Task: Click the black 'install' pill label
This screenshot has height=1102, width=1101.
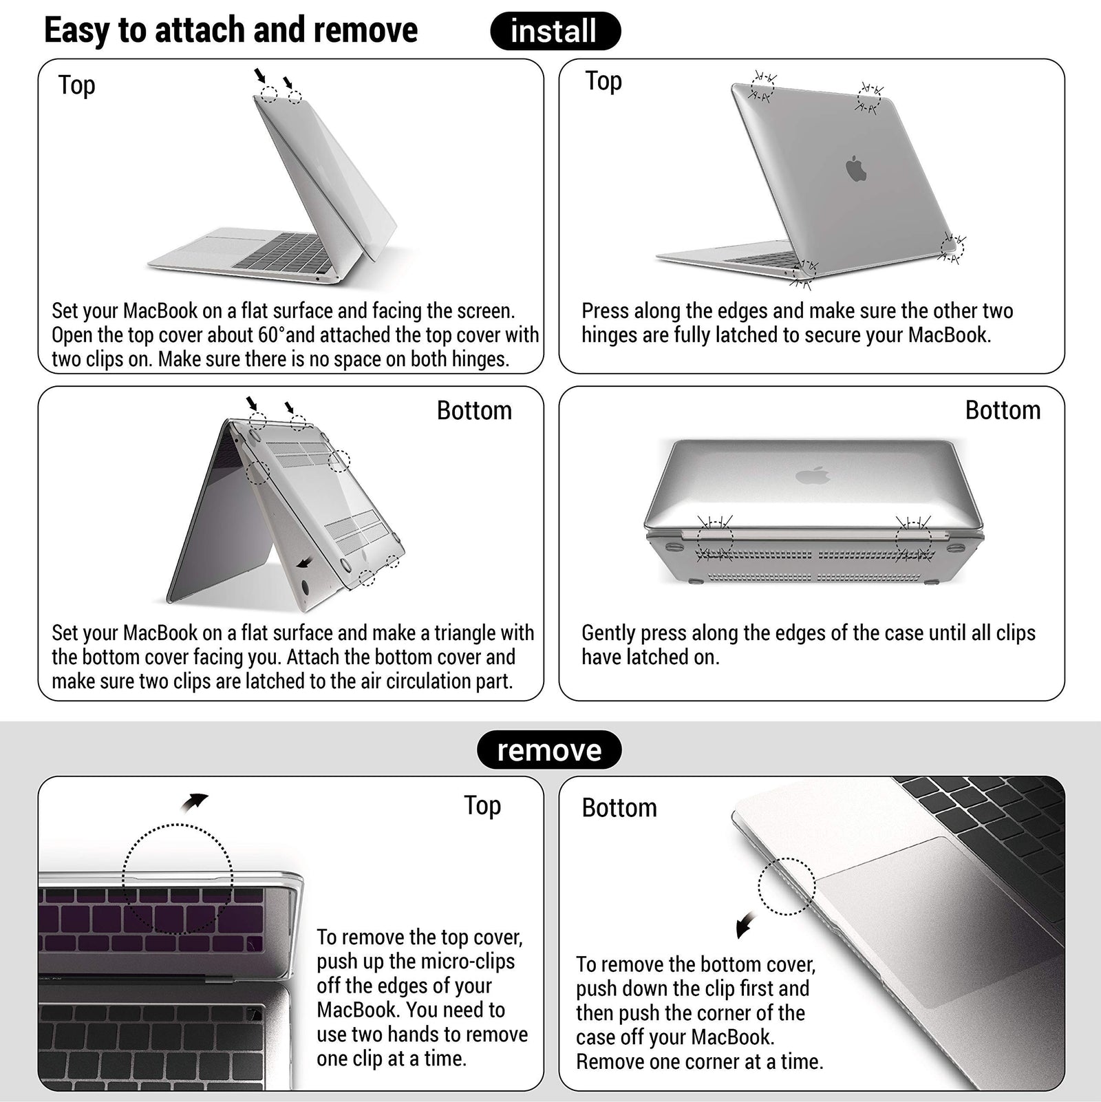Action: [x=555, y=31]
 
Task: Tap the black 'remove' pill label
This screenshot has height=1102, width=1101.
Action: [x=549, y=750]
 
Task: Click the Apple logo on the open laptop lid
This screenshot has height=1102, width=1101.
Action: [x=855, y=169]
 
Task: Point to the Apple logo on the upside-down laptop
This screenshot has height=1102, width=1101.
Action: [x=813, y=475]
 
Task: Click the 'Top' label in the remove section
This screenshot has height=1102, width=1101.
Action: [x=482, y=805]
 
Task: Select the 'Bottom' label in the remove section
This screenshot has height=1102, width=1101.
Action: [x=619, y=807]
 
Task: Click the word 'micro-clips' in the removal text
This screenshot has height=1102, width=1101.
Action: [x=466, y=962]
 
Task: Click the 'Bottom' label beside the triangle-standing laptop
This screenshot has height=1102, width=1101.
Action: [x=474, y=410]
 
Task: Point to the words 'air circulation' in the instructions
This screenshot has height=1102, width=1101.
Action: [x=404, y=681]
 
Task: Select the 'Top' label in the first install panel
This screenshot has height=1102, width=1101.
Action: [x=76, y=85]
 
